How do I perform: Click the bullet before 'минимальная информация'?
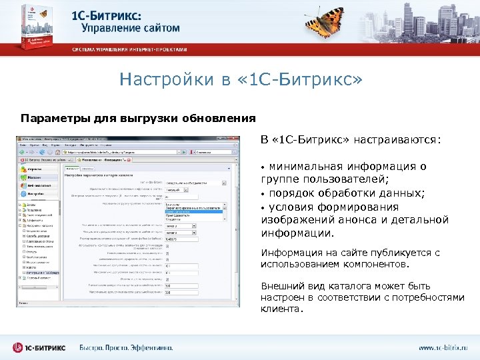(263, 167)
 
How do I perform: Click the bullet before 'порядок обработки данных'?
(263, 193)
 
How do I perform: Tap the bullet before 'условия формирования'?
(263, 207)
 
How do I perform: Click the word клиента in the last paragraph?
(280, 309)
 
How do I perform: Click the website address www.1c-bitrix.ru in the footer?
(443, 347)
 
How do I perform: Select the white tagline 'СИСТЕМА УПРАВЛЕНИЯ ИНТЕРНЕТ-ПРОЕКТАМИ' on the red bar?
(130, 50)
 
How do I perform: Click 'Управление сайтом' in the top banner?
(131, 28)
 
